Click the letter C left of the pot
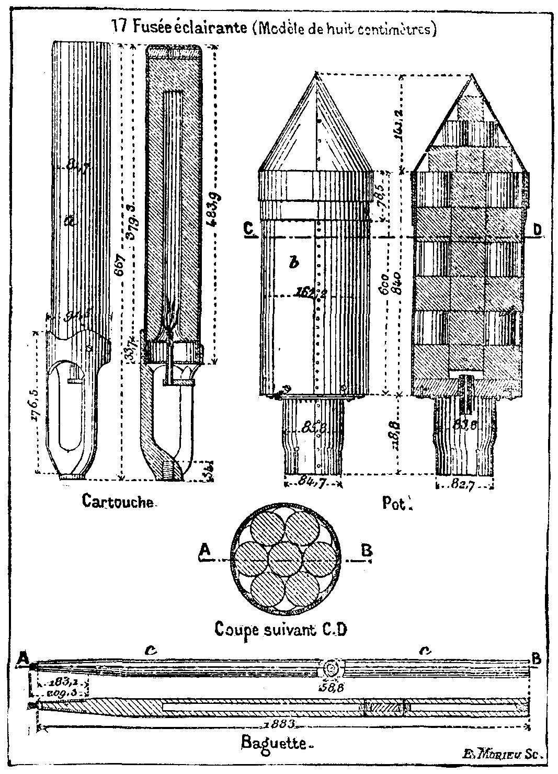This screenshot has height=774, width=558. coord(248,229)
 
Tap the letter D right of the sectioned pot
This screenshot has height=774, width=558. coord(537,229)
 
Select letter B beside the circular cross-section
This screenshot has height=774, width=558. coord(367,551)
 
